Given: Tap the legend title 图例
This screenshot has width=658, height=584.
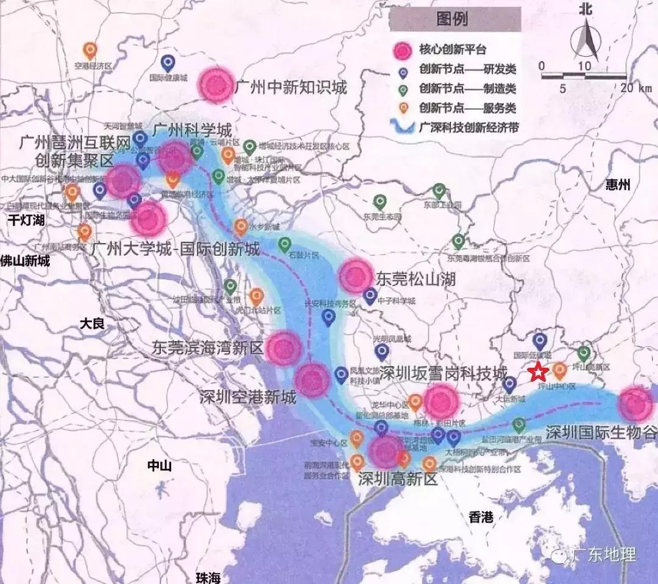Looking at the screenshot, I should coord(452,18).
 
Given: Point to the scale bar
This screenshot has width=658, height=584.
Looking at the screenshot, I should coord(584,77).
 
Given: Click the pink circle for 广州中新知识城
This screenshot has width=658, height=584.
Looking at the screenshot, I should coord(218,84).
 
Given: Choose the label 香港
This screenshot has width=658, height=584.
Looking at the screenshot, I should coord(481,517).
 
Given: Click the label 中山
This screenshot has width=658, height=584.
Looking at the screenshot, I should coord(160,466).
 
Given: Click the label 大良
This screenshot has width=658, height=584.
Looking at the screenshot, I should coord(93,323).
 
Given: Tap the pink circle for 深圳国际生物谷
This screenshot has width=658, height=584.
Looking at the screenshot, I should coord(635,403).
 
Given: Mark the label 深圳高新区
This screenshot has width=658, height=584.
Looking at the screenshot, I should coord(398,478).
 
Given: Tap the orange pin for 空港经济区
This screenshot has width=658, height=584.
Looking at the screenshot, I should coord(90,51).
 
